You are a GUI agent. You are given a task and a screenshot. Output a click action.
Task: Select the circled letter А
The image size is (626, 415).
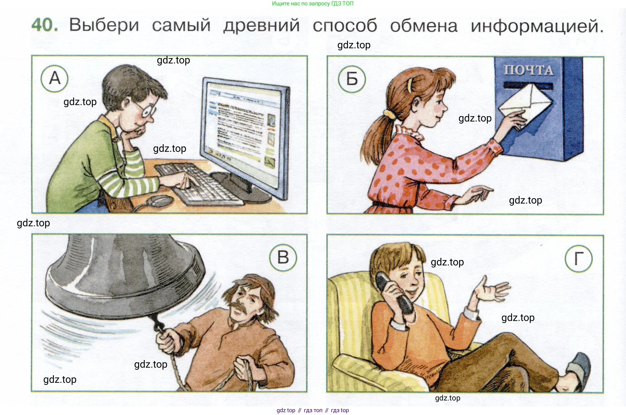point(55,78)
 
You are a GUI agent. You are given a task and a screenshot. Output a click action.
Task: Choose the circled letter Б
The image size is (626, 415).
point(352,79)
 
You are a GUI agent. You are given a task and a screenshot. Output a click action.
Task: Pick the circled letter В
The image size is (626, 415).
point(283,257)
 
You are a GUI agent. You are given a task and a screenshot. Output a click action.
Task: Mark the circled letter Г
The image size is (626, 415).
point(578,258)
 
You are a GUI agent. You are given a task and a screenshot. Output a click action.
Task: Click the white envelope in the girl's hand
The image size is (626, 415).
point(525,104)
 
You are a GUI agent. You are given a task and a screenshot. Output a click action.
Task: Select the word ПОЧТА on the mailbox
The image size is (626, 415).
point(529,70)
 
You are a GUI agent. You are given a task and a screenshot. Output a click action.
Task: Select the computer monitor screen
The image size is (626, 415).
point(241,126)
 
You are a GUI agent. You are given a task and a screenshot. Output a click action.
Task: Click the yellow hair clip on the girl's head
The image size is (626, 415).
point(410,85)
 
